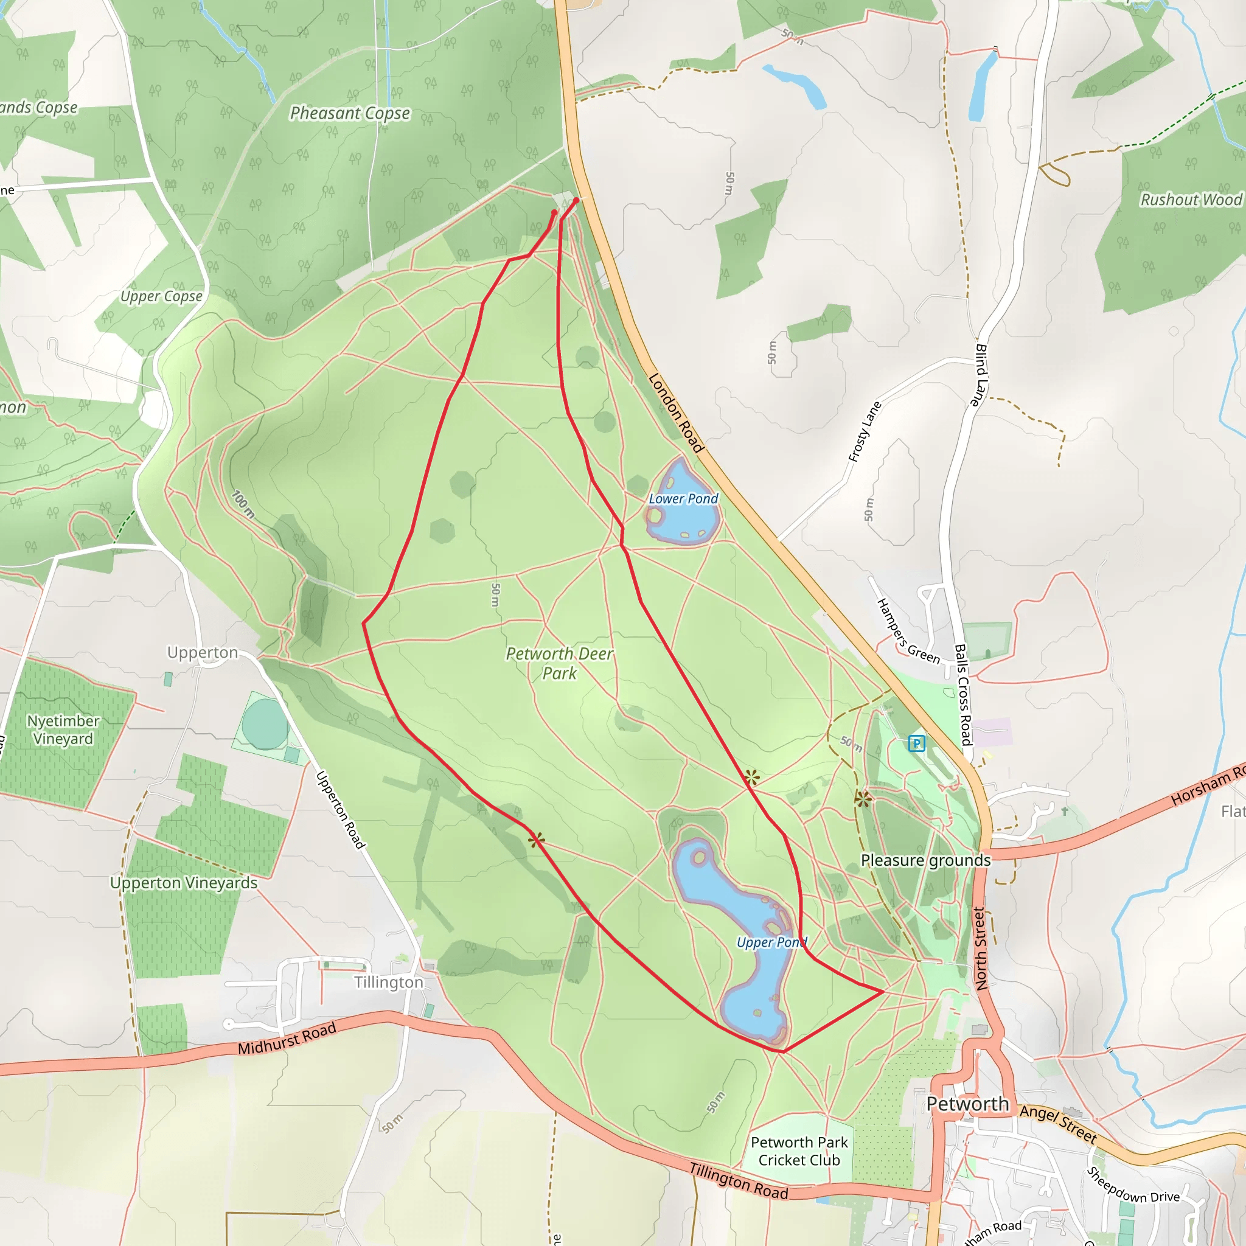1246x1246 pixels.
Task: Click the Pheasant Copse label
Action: [350, 114]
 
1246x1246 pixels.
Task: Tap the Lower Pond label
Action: [683, 498]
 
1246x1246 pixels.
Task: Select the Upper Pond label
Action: [771, 942]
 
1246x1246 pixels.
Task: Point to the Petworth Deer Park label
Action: [559, 663]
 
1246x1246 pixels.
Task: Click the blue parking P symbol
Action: [916, 743]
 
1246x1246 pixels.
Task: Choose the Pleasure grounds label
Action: [925, 860]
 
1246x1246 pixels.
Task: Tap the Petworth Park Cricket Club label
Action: [799, 1151]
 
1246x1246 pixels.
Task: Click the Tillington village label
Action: [388, 982]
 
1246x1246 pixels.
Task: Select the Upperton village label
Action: [203, 653]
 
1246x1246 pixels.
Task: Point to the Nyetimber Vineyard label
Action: [63, 729]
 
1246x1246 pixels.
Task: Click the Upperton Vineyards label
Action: [184, 883]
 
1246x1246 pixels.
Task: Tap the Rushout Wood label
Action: [1191, 200]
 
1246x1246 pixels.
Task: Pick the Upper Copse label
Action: [161, 297]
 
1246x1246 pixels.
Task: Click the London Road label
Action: [675, 412]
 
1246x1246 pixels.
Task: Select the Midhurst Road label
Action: [287, 1039]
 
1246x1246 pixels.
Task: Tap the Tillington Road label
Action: [739, 1181]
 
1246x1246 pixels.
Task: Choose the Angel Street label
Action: [1057, 1124]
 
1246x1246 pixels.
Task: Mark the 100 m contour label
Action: [243, 504]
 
